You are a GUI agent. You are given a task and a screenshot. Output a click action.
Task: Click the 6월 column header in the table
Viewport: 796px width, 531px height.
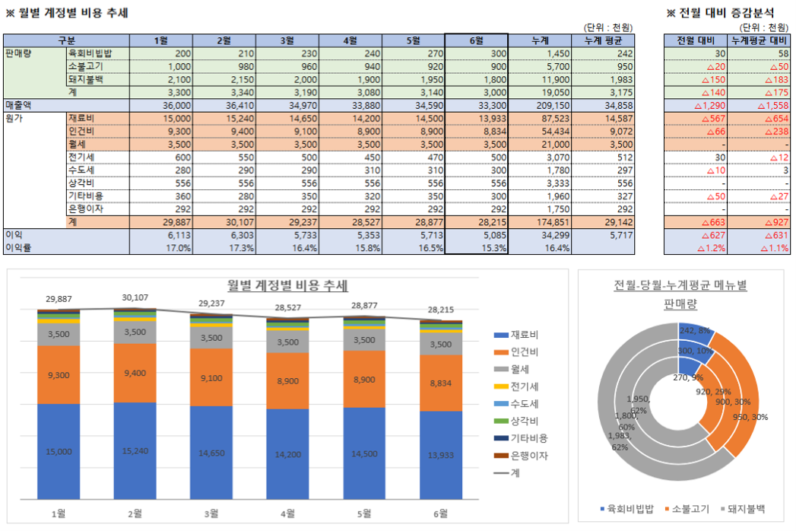click(476, 40)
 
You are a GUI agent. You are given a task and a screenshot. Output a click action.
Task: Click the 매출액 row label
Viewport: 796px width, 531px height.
click(22, 104)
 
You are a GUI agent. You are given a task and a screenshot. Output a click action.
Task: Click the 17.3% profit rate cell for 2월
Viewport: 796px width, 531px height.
click(220, 248)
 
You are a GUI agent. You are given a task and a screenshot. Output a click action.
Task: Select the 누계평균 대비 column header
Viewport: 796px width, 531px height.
click(758, 40)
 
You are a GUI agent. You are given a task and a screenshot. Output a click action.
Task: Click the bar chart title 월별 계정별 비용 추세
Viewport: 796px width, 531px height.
click(288, 285)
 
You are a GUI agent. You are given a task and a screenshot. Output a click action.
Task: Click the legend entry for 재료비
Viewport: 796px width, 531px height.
click(525, 335)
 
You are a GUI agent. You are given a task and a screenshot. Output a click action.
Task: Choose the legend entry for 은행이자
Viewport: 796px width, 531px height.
click(529, 456)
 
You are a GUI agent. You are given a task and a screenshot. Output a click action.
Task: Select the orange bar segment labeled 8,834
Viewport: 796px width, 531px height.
click(439, 383)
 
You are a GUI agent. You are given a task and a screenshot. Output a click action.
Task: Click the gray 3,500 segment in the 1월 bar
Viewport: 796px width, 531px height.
click(59, 334)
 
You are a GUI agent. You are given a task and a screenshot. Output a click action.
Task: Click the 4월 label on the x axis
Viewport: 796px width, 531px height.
click(287, 513)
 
